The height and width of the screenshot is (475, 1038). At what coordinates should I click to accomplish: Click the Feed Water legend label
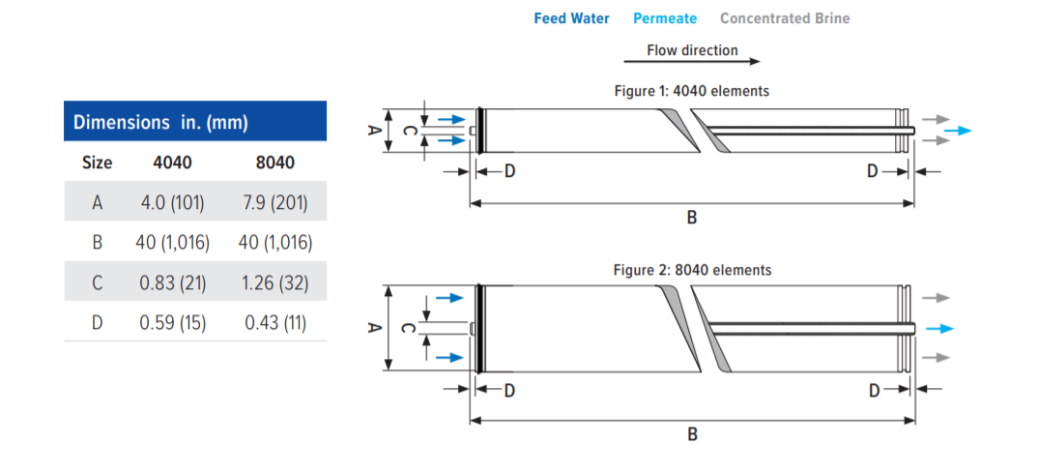pos(571,18)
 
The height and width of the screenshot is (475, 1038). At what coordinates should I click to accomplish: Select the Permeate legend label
pos(664,18)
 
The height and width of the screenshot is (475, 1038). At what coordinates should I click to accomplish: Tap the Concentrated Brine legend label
pos(785,18)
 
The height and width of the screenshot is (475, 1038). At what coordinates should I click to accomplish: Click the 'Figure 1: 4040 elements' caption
pos(692,91)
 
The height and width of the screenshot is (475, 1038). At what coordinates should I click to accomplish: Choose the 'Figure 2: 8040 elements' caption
pos(692,270)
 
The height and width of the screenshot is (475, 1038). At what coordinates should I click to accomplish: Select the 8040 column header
pos(274,163)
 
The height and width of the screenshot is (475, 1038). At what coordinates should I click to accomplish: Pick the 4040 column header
pos(172,163)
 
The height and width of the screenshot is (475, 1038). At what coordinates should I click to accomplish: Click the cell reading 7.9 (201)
pos(274,202)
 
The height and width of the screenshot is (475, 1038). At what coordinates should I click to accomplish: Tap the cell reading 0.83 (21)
pos(172,282)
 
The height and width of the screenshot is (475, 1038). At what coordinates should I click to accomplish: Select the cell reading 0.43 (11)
pos(274,322)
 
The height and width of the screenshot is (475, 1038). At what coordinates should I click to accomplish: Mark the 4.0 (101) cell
pos(172,202)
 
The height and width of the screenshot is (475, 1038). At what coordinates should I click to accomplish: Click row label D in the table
pos(97,322)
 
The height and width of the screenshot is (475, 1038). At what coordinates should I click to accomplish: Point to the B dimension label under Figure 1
pos(691,219)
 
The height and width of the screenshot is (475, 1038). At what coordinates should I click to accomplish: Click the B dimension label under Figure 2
pos(691,434)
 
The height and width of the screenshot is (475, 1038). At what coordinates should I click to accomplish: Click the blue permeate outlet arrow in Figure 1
pos(958,131)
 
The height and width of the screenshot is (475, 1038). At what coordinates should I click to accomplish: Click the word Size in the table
pos(97,163)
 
